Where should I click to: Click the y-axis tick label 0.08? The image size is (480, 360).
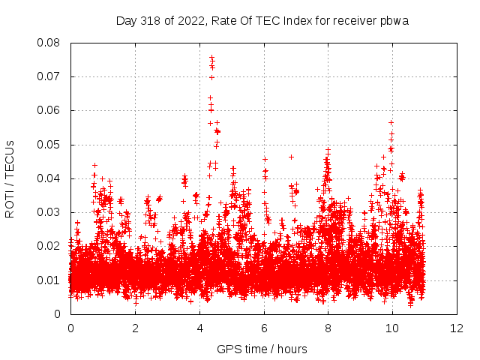click(x=49, y=43)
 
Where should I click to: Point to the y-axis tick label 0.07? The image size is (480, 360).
click(x=49, y=76)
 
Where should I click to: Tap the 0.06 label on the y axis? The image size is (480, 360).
click(x=49, y=110)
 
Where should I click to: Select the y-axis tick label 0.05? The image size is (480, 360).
click(x=49, y=145)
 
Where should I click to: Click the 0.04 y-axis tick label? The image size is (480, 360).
click(x=49, y=178)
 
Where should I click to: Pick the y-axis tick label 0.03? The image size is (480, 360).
click(x=49, y=212)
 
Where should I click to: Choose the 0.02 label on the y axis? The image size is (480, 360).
click(x=49, y=246)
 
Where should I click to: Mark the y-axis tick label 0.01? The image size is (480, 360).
click(x=49, y=280)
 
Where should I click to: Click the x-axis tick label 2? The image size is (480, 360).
click(x=135, y=328)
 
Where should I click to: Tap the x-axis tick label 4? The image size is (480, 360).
click(x=199, y=328)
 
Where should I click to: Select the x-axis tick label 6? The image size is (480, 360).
click(x=264, y=328)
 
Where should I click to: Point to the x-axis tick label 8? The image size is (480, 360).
click(x=328, y=328)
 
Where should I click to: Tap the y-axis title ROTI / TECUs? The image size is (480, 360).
click(x=10, y=178)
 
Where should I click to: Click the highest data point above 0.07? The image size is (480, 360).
click(x=211, y=57)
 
